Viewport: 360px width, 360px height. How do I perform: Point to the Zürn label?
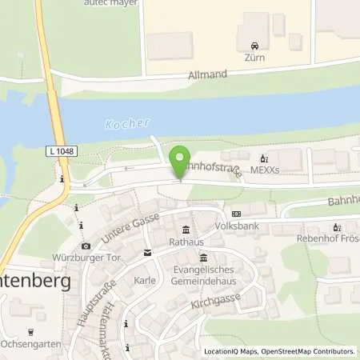tap(255, 58)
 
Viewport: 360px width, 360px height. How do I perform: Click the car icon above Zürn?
tap(255, 46)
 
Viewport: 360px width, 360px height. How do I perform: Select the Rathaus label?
tap(186, 241)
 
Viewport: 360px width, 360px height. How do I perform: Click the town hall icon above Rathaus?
tap(186, 230)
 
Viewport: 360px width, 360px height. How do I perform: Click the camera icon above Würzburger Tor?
tap(86, 246)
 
